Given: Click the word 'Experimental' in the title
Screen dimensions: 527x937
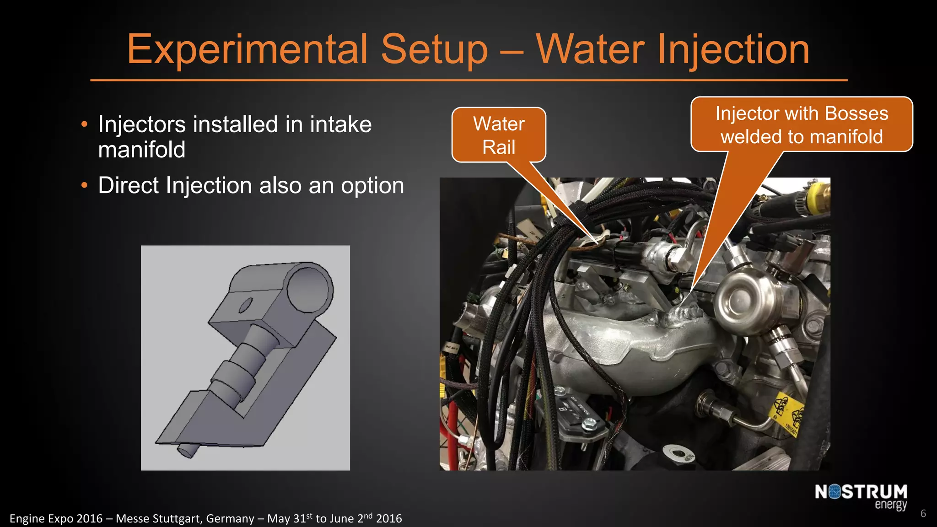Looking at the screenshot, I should click(x=247, y=49).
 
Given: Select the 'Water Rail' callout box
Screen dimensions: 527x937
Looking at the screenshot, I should click(x=499, y=135).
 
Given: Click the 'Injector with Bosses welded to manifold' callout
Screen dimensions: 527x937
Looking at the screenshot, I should click(x=802, y=124).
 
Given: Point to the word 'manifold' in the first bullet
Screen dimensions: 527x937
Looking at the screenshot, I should click(x=142, y=150).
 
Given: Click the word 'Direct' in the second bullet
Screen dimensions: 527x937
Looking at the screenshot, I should click(x=129, y=186).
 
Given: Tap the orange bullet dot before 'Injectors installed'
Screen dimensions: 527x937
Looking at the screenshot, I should click(x=84, y=124).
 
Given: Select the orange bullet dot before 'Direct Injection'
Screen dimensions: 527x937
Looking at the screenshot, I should click(x=84, y=186).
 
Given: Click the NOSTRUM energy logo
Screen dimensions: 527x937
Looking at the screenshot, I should click(x=861, y=496).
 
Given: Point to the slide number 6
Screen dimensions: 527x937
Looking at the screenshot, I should click(x=923, y=513).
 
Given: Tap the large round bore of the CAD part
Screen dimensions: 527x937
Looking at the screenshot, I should click(x=310, y=288).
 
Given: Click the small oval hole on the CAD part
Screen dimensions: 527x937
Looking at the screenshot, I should click(x=246, y=305).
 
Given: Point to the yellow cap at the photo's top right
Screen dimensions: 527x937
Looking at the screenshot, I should click(x=818, y=199).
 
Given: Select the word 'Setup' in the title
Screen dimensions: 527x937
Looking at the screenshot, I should click(x=435, y=49).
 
